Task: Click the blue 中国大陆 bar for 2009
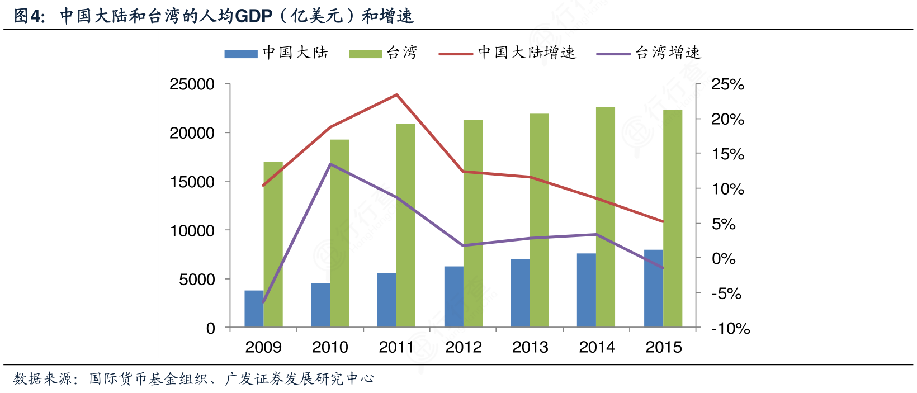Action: click(x=254, y=309)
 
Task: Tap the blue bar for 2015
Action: click(x=653, y=288)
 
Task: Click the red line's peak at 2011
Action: click(x=396, y=94)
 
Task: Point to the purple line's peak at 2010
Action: click(x=330, y=164)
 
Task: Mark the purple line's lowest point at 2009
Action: click(x=263, y=302)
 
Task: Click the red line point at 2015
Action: click(x=663, y=222)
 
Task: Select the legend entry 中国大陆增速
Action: click(x=527, y=53)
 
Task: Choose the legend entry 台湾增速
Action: click(x=668, y=53)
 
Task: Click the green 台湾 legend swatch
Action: click(x=365, y=54)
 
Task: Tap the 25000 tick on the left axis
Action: click(x=192, y=84)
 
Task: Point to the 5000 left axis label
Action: click(x=197, y=280)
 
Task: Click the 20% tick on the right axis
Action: click(x=727, y=119)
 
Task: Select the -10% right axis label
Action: click(x=730, y=328)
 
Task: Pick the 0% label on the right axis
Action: click(x=724, y=258)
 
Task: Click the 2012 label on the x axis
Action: click(x=464, y=347)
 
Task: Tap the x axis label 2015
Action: click(x=664, y=347)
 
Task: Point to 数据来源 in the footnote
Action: click(x=42, y=379)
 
